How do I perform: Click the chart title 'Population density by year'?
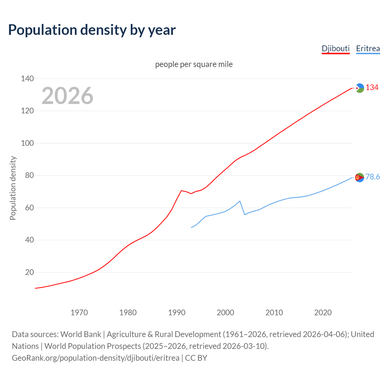coord(92,30)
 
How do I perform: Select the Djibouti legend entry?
coord(336,48)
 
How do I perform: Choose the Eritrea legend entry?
coord(368,48)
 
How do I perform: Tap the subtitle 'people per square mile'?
coord(194,64)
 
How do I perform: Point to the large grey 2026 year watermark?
coord(67,96)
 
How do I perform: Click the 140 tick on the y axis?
coord(27,79)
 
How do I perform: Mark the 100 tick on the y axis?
coord(27,143)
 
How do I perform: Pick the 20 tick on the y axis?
coord(29,272)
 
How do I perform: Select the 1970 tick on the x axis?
coord(79,313)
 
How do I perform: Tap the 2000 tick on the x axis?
coord(225,313)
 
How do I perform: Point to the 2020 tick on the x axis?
coord(323,313)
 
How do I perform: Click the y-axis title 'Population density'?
coord(13,188)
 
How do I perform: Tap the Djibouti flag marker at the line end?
coord(360,88)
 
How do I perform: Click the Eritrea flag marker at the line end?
coord(360,177)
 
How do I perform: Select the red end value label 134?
coord(372,88)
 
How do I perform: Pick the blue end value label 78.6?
coord(373,177)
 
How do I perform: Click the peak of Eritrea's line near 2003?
coord(240,201)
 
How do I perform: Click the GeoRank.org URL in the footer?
coord(95,358)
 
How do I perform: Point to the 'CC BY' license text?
coord(196,358)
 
